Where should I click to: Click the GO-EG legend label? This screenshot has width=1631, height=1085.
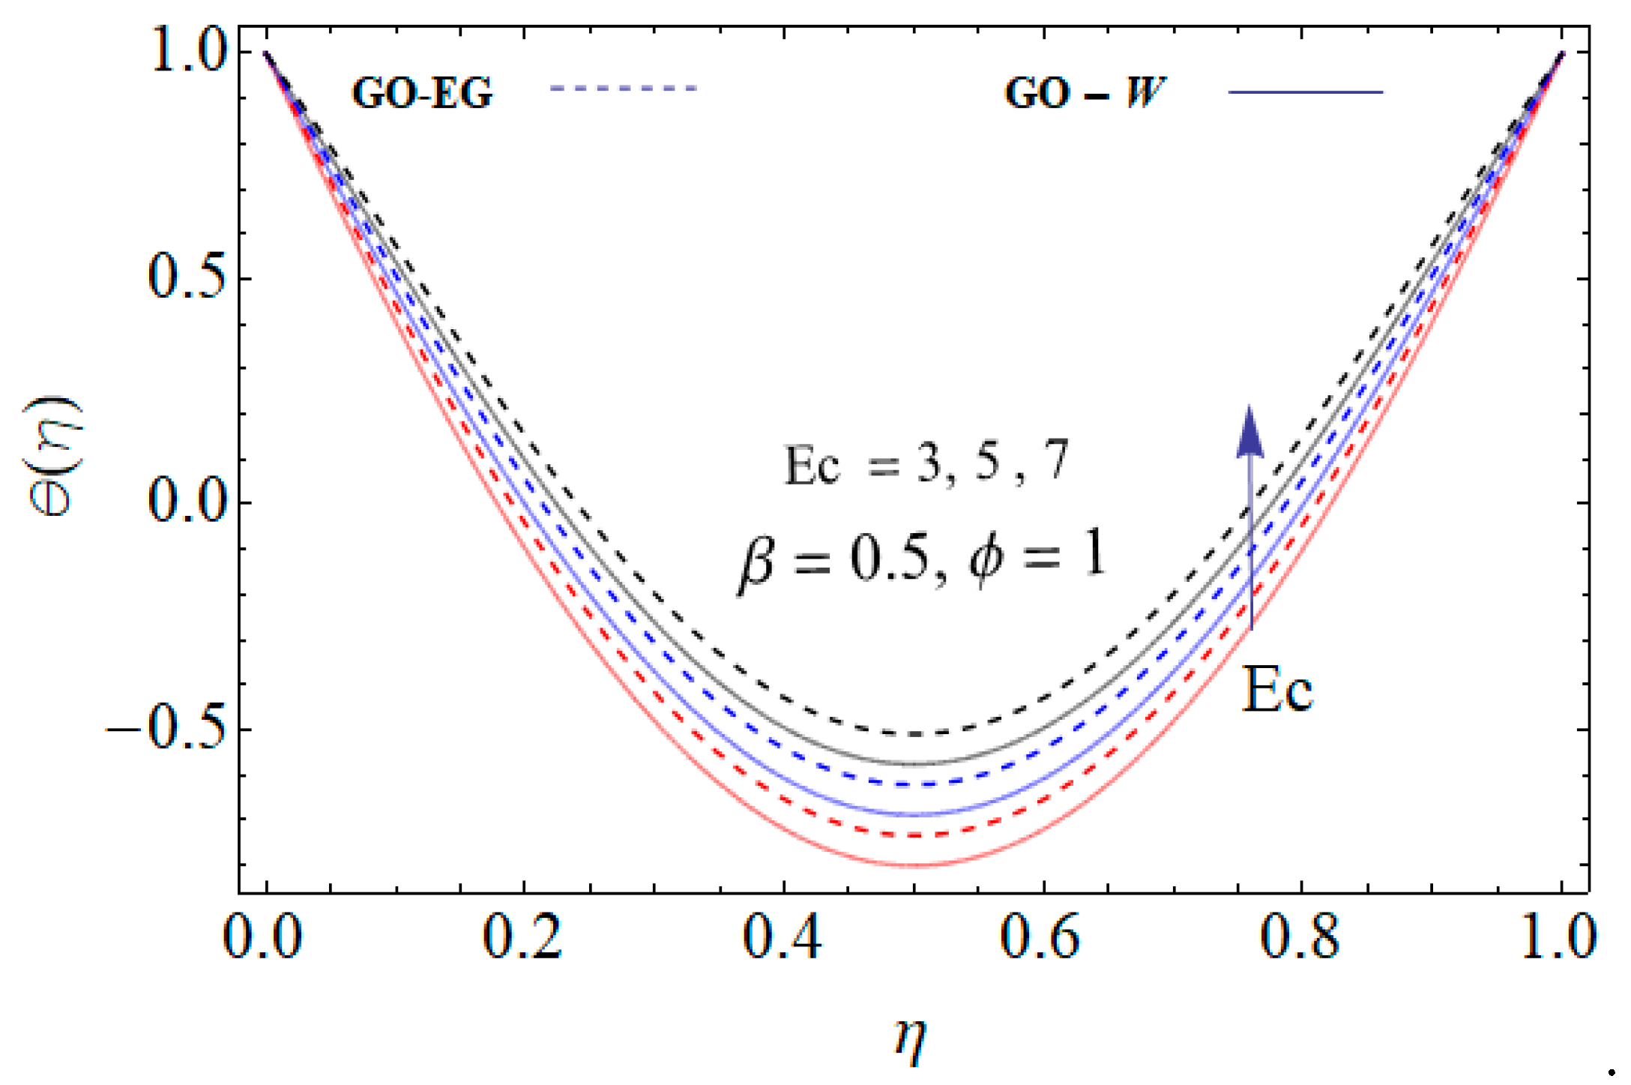pyautogui.click(x=422, y=94)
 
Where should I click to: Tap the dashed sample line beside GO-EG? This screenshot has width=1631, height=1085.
pyautogui.click(x=623, y=88)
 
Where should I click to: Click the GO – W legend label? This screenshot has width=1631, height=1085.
pyautogui.click(x=1084, y=94)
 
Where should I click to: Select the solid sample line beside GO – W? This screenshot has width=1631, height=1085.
pyautogui.click(x=1305, y=92)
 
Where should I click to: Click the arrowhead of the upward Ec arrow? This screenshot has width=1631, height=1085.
pyautogui.click(x=1249, y=433)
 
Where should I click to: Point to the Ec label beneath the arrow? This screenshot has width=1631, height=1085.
pyautogui.click(x=1276, y=690)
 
